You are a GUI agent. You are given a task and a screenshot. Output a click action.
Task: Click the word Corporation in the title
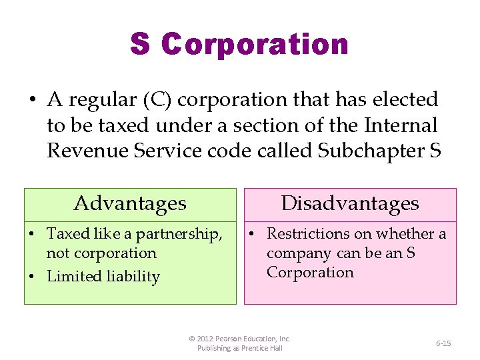click(255, 45)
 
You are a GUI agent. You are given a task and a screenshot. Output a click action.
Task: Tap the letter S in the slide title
click(140, 45)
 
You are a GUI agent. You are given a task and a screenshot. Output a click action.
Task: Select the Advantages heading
click(130, 203)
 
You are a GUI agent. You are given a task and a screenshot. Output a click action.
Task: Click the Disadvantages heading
click(350, 203)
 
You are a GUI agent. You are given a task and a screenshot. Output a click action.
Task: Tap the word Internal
click(404, 125)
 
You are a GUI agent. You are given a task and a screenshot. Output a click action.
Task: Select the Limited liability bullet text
click(103, 277)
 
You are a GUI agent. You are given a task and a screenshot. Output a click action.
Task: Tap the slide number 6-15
click(443, 343)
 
